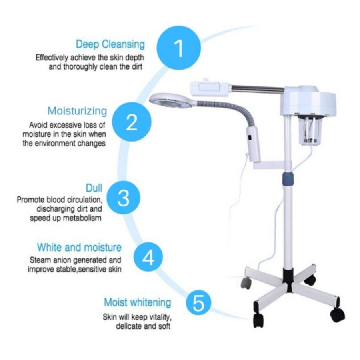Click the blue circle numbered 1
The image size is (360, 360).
pyautogui.click(x=179, y=48)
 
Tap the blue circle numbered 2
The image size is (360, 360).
pyautogui.click(x=132, y=122)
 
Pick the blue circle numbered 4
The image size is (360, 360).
pyautogui.click(x=148, y=257)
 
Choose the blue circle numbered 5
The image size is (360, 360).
pyautogui.click(x=198, y=302)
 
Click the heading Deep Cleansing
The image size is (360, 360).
pyautogui.click(x=110, y=44)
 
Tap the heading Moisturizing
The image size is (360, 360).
pyautogui.click(x=77, y=111)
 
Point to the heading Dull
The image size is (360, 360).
pyautogui.click(x=94, y=188)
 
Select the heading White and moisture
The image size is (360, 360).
pyautogui.click(x=79, y=247)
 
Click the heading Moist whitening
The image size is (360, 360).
pyautogui.click(x=138, y=302)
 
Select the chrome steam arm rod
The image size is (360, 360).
pyautogui.click(x=257, y=89)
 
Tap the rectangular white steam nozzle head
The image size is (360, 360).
pyautogui.click(x=210, y=89)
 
